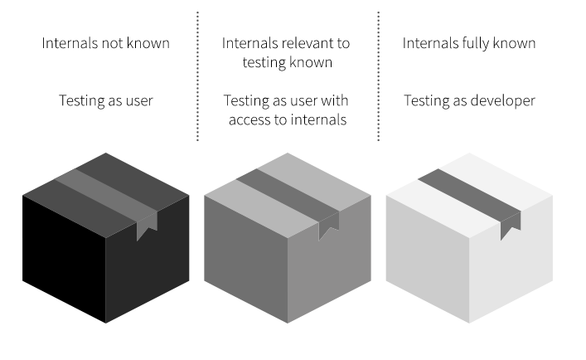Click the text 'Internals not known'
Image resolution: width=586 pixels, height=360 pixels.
[x=106, y=43]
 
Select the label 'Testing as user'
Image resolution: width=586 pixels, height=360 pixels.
[x=106, y=100]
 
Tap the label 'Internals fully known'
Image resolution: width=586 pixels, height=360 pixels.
[x=469, y=43]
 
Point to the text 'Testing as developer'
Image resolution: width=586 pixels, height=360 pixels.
[x=469, y=100]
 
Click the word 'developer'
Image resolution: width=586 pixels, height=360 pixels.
[x=501, y=101]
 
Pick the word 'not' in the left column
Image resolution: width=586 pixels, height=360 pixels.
[x=115, y=43]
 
